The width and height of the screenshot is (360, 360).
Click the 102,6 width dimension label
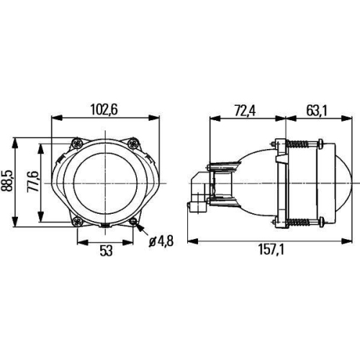tap(104, 109)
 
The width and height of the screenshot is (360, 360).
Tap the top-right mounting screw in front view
tap(132, 143)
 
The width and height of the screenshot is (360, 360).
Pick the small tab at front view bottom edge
tap(104, 226)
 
